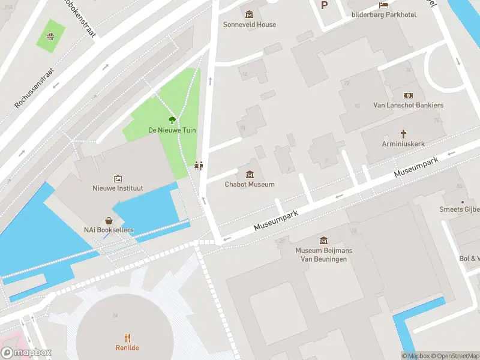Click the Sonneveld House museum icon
pyautogui.click(x=250, y=14)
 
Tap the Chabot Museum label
pyautogui.click(x=250, y=184)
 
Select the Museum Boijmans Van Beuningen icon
pyautogui.click(x=324, y=240)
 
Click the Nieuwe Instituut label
pyautogui.click(x=118, y=188)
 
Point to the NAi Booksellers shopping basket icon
pyautogui.click(x=109, y=221)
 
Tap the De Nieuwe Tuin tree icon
pyautogui.click(x=172, y=120)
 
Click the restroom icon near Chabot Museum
pyautogui.click(x=199, y=166)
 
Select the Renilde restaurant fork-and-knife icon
pyautogui.click(x=127, y=338)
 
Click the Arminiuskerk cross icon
pyautogui.click(x=403, y=134)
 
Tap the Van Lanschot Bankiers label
pyautogui.click(x=408, y=105)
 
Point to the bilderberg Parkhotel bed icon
pyautogui.click(x=383, y=5)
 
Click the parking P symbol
pyautogui.click(x=325, y=5)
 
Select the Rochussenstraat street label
pyautogui.click(x=34, y=88)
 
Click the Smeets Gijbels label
pyautogui.click(x=460, y=209)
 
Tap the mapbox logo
pyautogui.click(x=26, y=353)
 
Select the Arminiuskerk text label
pyautogui.click(x=403, y=144)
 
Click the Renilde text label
pyautogui.click(x=127, y=348)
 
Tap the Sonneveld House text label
pyautogui.click(x=250, y=25)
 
